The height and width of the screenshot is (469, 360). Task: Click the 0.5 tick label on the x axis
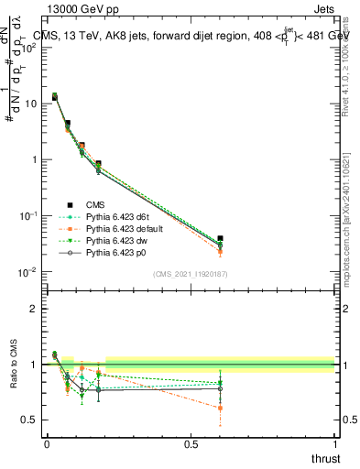pos(191,444)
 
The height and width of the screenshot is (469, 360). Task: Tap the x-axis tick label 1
pos(334,444)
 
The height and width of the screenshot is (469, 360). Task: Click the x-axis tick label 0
pos(47,444)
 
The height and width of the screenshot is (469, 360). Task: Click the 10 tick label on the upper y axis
pos(30,104)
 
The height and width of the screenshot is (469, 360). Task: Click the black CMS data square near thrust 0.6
pos(220,238)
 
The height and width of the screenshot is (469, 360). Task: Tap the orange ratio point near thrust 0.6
pos(220,408)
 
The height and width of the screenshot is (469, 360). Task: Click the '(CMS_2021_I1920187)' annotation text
pos(191,274)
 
